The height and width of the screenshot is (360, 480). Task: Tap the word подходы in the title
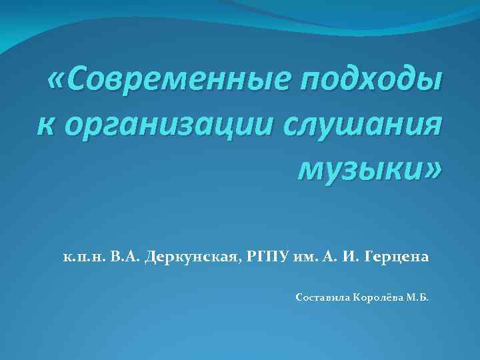pos(370,83)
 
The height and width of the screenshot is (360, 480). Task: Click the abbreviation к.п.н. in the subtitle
pos(80,257)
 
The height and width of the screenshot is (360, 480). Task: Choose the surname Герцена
pos(398,257)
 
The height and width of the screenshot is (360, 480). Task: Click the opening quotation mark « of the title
pos(58,82)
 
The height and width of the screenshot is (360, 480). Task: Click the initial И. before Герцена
pos(356,257)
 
